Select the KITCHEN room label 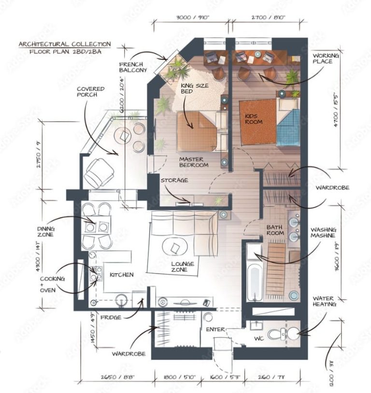[x=121, y=275]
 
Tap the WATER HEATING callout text [x=326, y=302]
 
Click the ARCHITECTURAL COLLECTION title [x=65, y=44]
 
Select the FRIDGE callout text [x=111, y=318]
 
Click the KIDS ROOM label [x=254, y=118]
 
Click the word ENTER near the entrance [x=215, y=329]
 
